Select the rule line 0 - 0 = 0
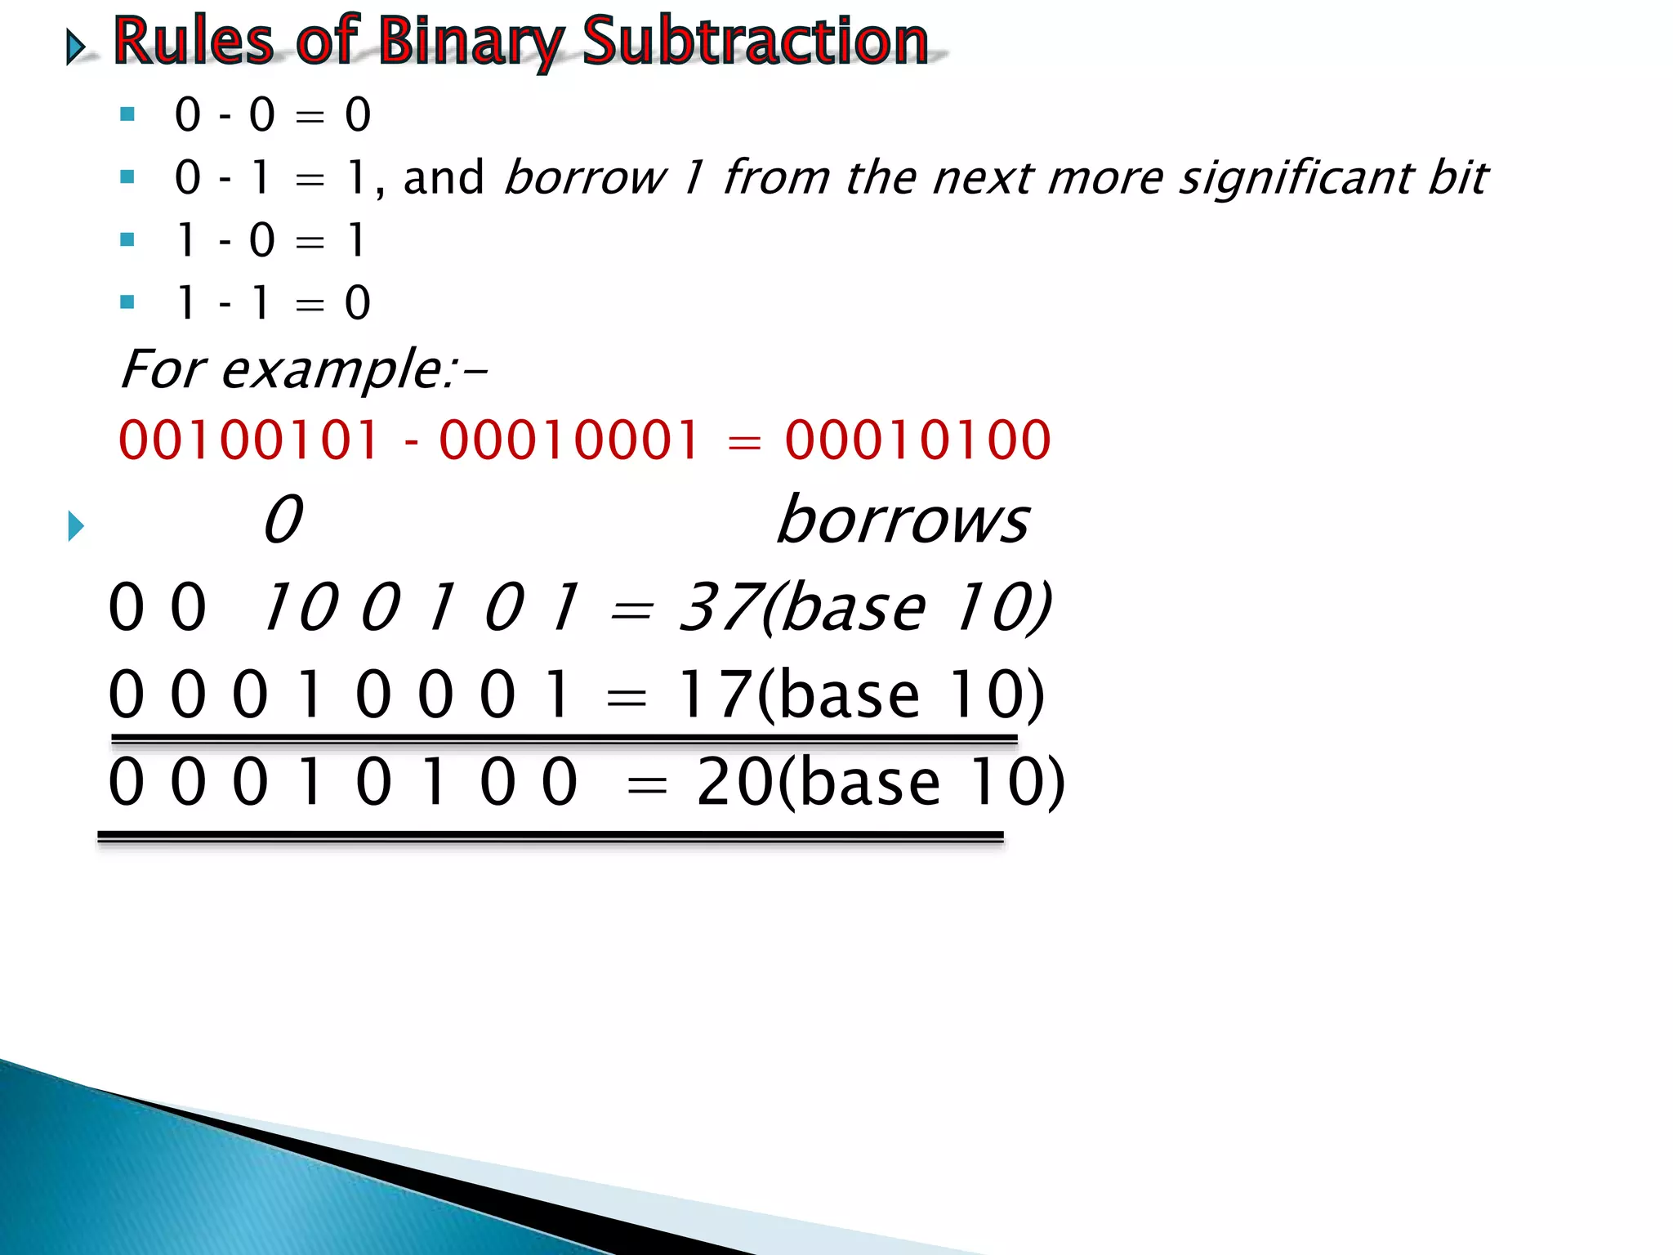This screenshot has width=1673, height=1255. click(272, 114)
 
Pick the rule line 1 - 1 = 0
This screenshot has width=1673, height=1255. click(272, 303)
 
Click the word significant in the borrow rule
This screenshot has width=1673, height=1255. click(1294, 177)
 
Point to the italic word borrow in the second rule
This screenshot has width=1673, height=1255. click(585, 177)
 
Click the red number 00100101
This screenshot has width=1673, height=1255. click(248, 440)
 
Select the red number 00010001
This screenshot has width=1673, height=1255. click(569, 440)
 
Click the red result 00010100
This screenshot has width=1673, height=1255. click(917, 440)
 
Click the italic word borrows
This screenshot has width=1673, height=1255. click(903, 520)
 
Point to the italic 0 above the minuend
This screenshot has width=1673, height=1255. click(283, 520)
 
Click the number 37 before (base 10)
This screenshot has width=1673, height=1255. click(717, 607)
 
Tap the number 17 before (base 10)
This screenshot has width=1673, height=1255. click(713, 694)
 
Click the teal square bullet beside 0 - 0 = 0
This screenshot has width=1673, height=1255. click(127, 114)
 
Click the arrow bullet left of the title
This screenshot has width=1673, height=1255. click(76, 47)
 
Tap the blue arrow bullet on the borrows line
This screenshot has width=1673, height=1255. click(76, 526)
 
